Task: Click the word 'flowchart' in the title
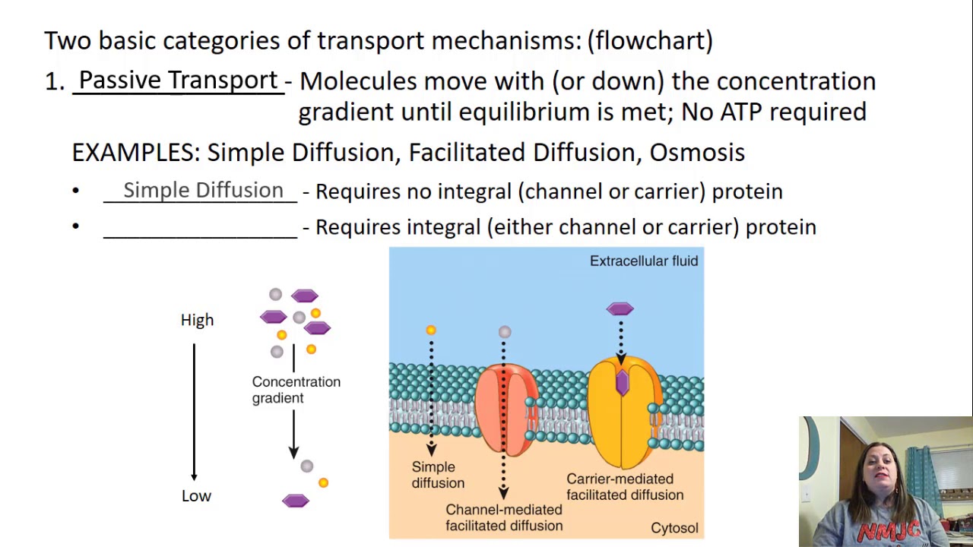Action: point(650,40)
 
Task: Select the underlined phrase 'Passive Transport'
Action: point(178,81)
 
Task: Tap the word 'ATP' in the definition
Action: point(741,112)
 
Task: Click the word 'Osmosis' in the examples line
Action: point(697,153)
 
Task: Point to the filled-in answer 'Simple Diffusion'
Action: point(203,190)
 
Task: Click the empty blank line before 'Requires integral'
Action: point(200,237)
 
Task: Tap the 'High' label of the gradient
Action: point(197,320)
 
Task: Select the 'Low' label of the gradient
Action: point(196,496)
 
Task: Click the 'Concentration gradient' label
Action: point(296,390)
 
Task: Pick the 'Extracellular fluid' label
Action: point(644,261)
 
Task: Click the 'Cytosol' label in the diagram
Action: point(674,528)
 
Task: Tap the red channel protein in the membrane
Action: point(506,409)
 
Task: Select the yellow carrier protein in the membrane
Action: point(625,413)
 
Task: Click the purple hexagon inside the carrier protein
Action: point(623,382)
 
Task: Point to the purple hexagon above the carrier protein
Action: point(620,308)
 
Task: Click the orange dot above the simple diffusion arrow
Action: point(431,330)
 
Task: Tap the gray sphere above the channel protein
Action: point(505,332)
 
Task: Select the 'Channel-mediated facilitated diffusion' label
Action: point(504,517)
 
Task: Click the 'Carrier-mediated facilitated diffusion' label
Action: point(625,487)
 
